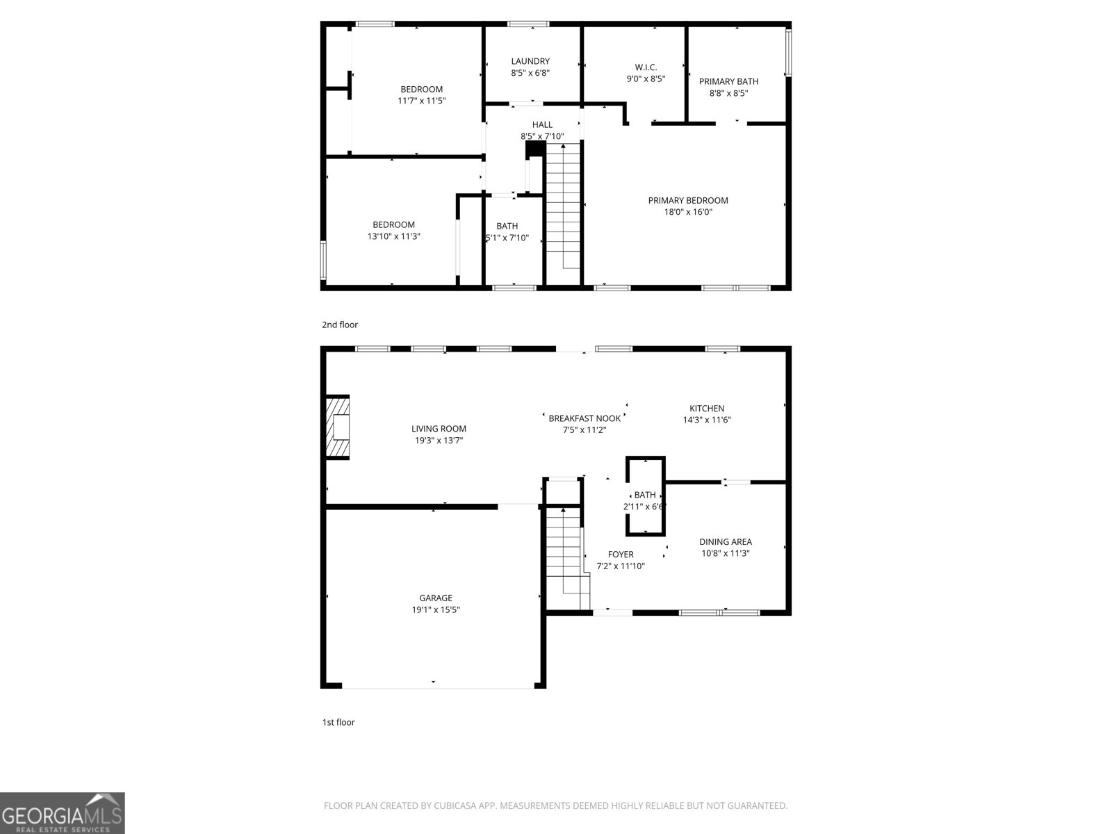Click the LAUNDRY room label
(530, 61)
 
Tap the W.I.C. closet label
(646, 67)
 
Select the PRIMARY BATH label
(728, 81)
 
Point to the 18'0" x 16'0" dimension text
(688, 212)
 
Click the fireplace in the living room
(338, 427)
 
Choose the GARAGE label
(436, 598)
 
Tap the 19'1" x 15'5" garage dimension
(436, 610)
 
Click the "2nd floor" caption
(340, 325)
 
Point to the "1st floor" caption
(338, 722)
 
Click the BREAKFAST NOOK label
(584, 418)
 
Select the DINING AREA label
(725, 542)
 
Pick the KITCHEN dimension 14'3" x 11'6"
(707, 420)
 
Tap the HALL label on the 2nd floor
(542, 125)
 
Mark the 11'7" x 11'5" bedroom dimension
(421, 101)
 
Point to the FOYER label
(621, 555)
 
